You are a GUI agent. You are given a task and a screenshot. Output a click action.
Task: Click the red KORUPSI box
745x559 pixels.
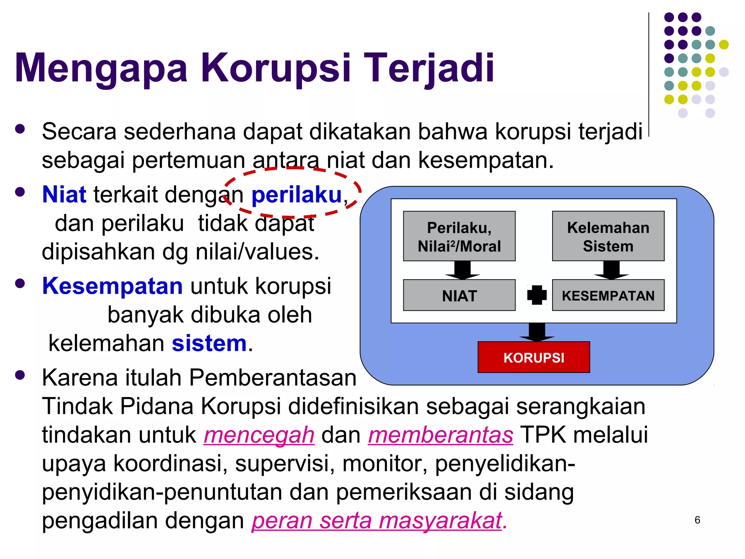(x=534, y=357)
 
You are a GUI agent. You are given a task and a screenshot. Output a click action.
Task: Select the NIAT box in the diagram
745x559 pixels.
(x=459, y=295)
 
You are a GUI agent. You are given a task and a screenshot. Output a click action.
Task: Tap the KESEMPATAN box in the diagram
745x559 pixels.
(x=608, y=295)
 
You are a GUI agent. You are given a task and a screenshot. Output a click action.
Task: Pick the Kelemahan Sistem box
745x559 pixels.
(x=608, y=236)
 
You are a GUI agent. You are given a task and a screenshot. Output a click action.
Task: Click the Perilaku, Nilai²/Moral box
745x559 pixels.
(x=459, y=236)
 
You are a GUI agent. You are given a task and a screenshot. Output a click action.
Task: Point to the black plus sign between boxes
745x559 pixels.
(x=537, y=295)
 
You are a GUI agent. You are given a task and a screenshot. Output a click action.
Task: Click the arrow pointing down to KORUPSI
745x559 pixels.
(x=537, y=332)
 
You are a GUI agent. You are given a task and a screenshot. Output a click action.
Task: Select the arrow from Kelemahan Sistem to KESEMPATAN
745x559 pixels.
(x=611, y=270)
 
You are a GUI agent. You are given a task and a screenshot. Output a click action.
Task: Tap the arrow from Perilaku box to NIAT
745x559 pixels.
(x=462, y=270)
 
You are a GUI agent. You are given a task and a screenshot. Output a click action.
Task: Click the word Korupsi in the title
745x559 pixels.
(x=276, y=68)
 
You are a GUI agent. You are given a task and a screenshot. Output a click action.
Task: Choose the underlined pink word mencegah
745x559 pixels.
(x=259, y=435)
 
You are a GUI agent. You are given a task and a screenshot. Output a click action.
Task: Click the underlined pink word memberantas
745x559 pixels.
(x=441, y=435)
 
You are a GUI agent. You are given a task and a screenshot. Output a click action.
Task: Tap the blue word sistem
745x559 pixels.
(x=209, y=343)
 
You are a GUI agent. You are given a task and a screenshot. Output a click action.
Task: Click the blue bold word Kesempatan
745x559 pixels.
(x=112, y=286)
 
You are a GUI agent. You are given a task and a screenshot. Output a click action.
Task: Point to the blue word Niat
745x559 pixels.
(x=64, y=194)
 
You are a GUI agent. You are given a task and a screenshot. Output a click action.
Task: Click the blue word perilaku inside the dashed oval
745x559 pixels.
(x=296, y=195)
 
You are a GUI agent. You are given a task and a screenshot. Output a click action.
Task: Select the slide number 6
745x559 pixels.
(x=697, y=520)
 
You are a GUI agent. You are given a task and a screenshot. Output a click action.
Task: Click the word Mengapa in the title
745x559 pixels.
(x=101, y=68)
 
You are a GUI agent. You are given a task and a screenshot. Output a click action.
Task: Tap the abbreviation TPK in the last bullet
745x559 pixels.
(x=543, y=435)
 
